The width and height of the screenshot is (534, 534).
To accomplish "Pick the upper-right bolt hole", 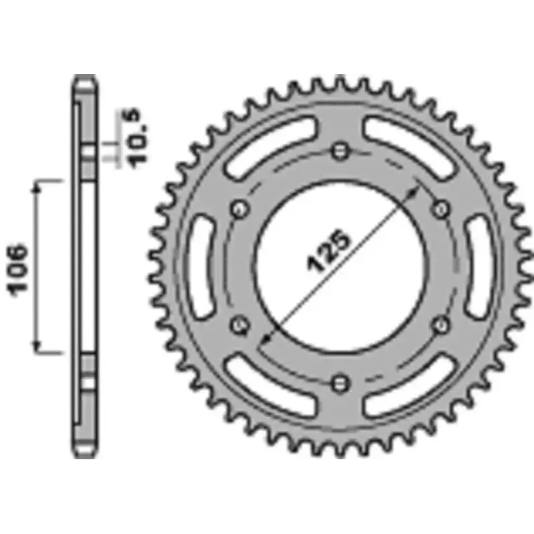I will tap(441, 208).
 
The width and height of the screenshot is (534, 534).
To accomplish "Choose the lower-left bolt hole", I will tap(240, 324).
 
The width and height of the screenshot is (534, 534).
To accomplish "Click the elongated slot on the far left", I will tap(200, 266).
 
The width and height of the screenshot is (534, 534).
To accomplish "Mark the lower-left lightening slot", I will tap(270, 387).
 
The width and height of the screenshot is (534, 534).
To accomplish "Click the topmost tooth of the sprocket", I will tap(340, 81).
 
